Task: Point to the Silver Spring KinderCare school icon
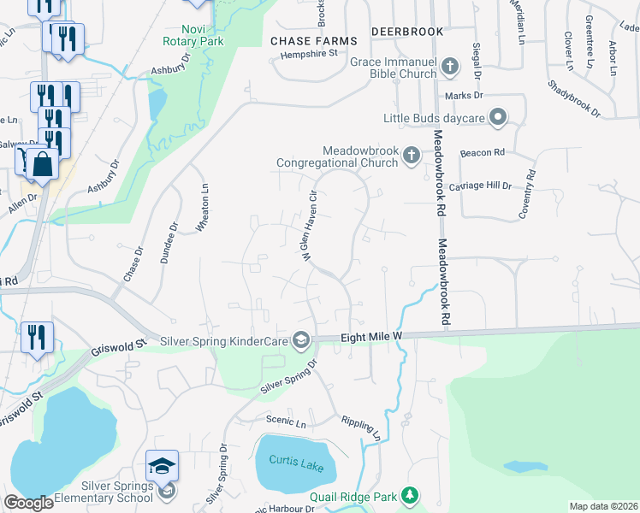pyautogui.click(x=300, y=340)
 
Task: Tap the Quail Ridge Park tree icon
pyautogui.click(x=411, y=496)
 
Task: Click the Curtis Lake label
pyautogui.click(x=289, y=462)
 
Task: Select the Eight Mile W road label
pyautogui.click(x=371, y=339)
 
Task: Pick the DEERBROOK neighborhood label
pyautogui.click(x=407, y=32)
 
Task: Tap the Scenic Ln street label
pyautogui.click(x=281, y=421)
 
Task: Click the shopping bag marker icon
pyautogui.click(x=41, y=162)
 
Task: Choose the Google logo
pyautogui.click(x=27, y=504)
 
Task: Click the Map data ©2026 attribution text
pyautogui.click(x=602, y=506)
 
